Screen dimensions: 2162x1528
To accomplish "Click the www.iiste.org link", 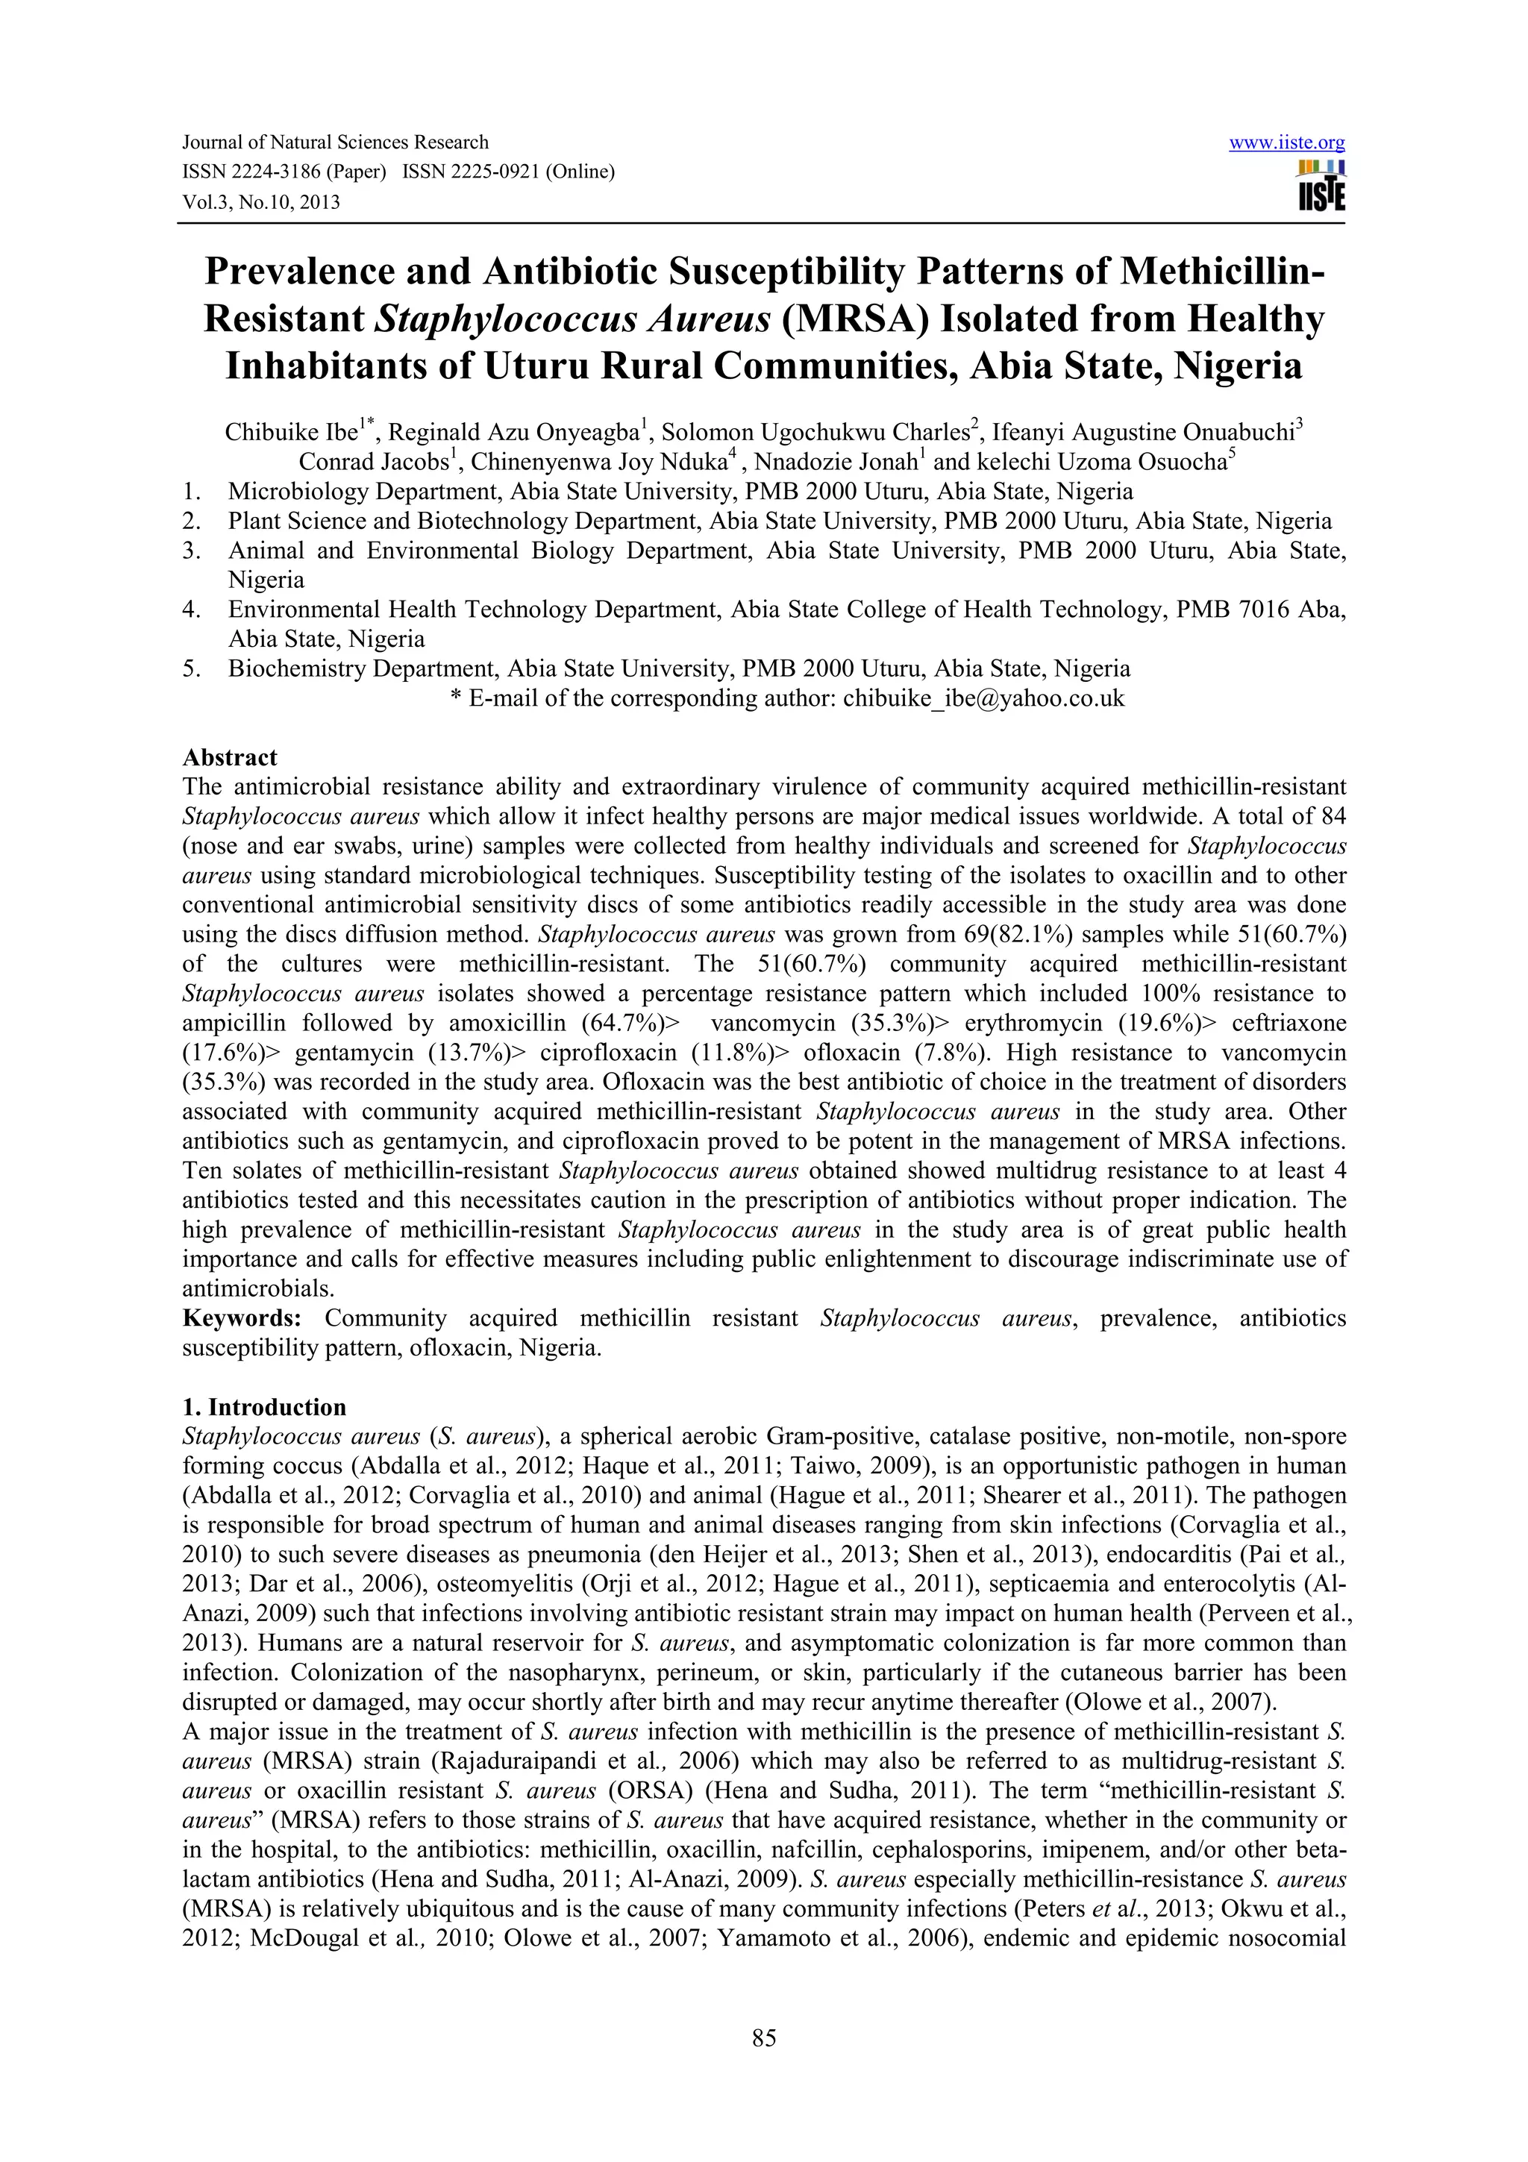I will (1286, 143).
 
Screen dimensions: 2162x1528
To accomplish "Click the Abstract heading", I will (230, 757).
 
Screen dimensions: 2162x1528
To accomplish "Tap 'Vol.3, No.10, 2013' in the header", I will (261, 201).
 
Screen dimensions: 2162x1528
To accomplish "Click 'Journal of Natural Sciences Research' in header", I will (334, 142).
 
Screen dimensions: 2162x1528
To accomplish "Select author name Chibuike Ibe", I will (290, 433).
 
